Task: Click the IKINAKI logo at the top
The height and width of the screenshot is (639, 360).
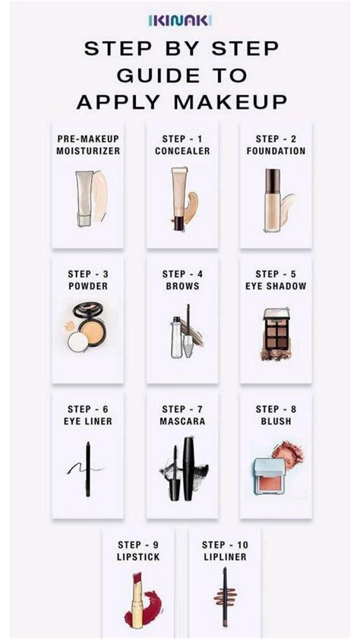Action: (180, 20)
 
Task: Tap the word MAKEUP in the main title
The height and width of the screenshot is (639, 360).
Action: (230, 102)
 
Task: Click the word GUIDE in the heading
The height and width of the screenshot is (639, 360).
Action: (153, 75)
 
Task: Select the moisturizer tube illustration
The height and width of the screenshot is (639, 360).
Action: (84, 198)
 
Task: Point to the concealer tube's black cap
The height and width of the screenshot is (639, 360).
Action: (179, 224)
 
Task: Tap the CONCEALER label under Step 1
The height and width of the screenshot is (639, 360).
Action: (182, 151)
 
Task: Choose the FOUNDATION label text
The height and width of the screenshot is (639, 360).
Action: (276, 151)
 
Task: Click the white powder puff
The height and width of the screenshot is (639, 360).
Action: (78, 342)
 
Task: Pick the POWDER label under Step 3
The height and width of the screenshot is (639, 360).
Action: (88, 286)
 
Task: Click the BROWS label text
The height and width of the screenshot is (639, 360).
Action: (182, 286)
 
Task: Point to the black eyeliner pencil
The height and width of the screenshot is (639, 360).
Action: (87, 469)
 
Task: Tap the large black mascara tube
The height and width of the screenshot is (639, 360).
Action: (188, 468)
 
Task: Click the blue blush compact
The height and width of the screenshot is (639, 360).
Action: (269, 476)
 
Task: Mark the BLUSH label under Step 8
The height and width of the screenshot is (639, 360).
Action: (276, 421)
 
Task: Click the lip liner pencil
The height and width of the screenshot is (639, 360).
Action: (225, 597)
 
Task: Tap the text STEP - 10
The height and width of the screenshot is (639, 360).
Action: (225, 545)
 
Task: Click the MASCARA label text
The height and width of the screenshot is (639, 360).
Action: (182, 421)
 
